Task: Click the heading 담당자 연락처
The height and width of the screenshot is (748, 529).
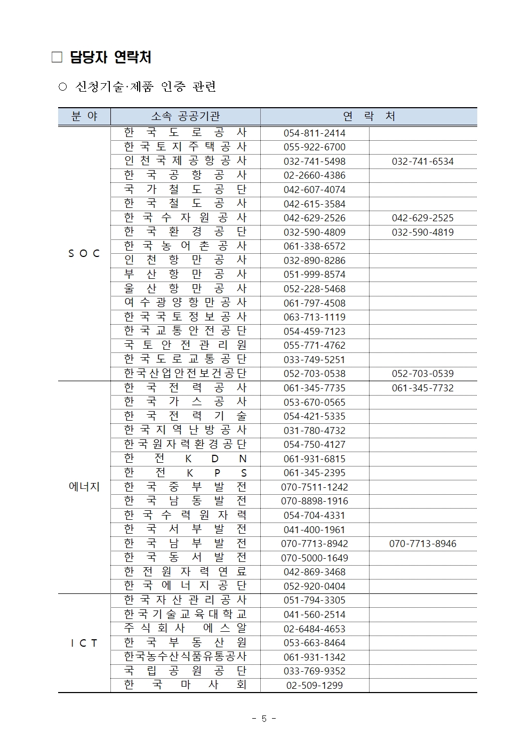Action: click(110, 58)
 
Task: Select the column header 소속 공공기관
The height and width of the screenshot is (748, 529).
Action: click(185, 116)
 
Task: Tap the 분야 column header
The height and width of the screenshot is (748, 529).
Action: click(84, 116)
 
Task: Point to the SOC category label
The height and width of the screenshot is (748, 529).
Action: click(84, 254)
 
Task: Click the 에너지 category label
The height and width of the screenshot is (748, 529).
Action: click(84, 487)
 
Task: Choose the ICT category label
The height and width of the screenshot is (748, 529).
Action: click(84, 643)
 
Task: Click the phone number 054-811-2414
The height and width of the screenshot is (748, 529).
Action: click(314, 133)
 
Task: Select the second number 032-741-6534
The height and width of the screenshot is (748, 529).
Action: click(422, 162)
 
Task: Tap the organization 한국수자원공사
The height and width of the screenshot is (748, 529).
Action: click(185, 218)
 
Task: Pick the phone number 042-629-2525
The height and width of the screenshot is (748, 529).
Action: click(422, 218)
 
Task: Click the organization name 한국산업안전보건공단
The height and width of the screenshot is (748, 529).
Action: click(185, 373)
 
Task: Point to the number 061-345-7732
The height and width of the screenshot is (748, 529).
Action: click(422, 388)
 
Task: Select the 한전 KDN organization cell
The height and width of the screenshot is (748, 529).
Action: click(185, 459)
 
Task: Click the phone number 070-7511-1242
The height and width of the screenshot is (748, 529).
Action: click(314, 487)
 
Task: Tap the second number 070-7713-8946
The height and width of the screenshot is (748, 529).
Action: click(422, 544)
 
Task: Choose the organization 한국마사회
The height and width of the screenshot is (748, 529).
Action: click(185, 685)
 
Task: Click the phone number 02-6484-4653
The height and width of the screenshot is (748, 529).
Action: click(314, 629)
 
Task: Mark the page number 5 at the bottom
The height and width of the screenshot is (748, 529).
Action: click(264, 719)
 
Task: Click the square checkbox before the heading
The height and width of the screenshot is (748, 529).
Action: click(57, 58)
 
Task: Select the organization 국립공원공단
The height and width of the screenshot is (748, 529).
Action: click(185, 671)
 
